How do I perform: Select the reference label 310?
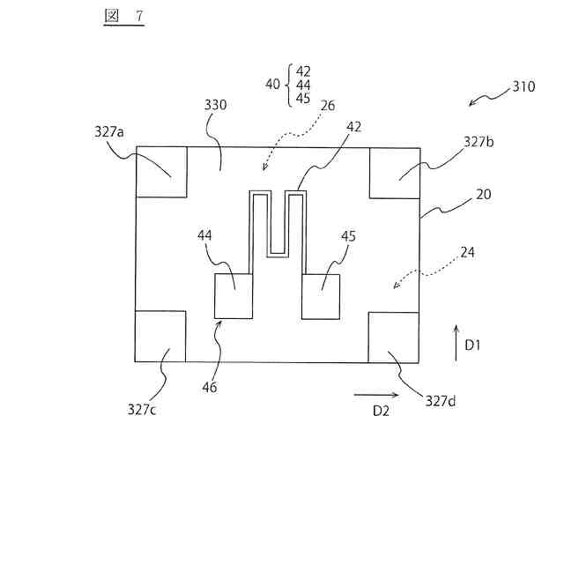tap(523, 88)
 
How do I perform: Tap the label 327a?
tap(109, 131)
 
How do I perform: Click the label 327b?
tap(481, 140)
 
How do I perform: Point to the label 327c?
tap(144, 408)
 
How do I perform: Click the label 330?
tap(216, 105)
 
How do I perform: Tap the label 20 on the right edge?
tap(484, 195)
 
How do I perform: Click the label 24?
tap(468, 253)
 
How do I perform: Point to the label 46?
tap(209, 386)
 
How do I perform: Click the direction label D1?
tap(472, 345)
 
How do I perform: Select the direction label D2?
tap(381, 411)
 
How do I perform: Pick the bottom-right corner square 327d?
tap(394, 337)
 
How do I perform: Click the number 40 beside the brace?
tap(273, 85)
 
